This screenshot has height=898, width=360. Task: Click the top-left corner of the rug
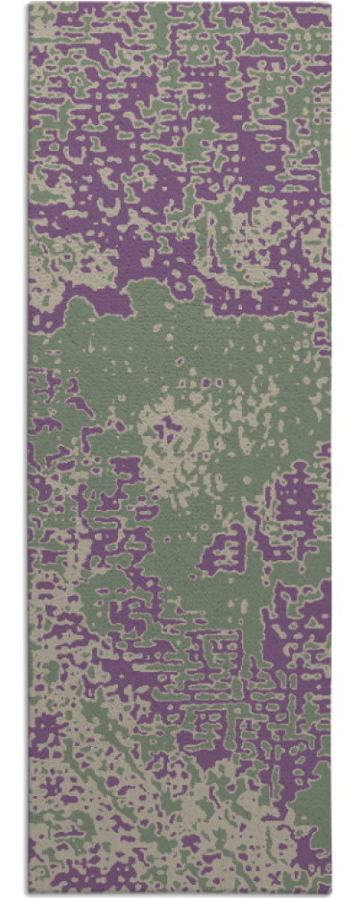click(x=29, y=4)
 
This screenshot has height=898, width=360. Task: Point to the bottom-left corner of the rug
click(x=29, y=894)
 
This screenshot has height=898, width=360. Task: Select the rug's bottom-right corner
click(x=331, y=894)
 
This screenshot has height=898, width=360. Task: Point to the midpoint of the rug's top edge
click(x=180, y=4)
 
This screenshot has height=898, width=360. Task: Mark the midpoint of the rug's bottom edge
click(x=180, y=894)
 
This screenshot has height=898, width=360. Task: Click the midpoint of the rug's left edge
click(x=29, y=449)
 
